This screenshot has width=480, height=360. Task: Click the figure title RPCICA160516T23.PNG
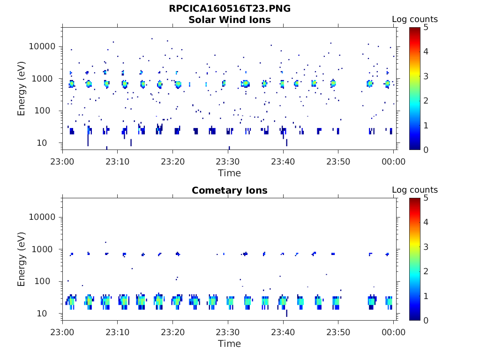click(x=230, y=9)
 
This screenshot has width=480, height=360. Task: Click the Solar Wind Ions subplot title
click(x=230, y=20)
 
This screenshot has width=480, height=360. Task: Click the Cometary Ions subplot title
click(x=230, y=191)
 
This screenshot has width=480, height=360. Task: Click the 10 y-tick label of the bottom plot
click(x=51, y=314)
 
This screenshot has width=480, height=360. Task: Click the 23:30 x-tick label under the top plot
click(x=228, y=162)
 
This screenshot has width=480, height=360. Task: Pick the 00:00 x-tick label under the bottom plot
click(x=394, y=332)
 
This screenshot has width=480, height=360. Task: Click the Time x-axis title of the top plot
click(x=230, y=173)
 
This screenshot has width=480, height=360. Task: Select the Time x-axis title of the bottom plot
click(x=230, y=344)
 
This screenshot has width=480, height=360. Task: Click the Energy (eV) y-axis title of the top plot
click(x=22, y=89)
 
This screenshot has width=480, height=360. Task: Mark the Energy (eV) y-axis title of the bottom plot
click(x=22, y=259)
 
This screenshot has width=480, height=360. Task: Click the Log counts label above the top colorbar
click(x=415, y=20)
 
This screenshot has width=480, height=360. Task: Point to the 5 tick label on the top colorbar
click(x=426, y=28)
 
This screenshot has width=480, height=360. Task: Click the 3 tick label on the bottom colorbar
click(x=426, y=247)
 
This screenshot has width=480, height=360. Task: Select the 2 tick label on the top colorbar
click(x=426, y=101)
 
